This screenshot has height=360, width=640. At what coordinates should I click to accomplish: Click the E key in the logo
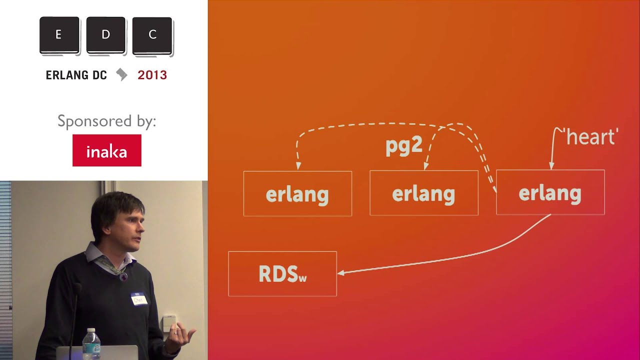(x=59, y=35)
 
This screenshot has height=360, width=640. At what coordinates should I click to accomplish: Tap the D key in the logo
(x=105, y=35)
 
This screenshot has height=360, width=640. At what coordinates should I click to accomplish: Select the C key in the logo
(x=152, y=35)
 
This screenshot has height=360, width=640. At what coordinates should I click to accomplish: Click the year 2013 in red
(x=152, y=75)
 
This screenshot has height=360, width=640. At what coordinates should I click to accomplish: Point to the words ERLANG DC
(x=76, y=75)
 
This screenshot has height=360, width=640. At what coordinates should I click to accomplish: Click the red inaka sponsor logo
(x=106, y=150)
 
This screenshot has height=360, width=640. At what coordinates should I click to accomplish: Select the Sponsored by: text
(x=106, y=121)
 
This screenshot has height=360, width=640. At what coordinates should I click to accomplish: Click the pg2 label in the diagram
(x=404, y=145)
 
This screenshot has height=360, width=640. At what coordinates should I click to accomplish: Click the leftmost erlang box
(x=297, y=194)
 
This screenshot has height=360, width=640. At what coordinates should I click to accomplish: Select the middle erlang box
(x=423, y=193)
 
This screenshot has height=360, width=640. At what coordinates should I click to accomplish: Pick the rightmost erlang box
(x=550, y=193)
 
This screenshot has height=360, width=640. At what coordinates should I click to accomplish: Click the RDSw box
(x=282, y=274)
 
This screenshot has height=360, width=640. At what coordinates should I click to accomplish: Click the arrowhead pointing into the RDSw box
(x=341, y=272)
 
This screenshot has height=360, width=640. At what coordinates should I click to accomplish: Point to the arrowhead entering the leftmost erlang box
(x=298, y=166)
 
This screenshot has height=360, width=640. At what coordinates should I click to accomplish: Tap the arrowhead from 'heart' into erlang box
(x=551, y=166)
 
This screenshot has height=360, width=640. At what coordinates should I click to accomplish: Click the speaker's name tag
(x=139, y=299)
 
